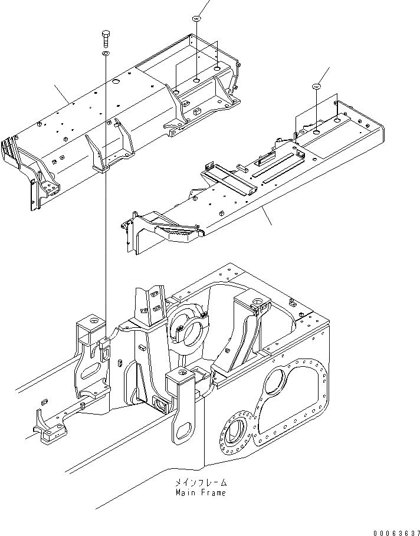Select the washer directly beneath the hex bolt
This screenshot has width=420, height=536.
tap(106, 54)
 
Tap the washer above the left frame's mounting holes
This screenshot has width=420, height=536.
tap(196, 19)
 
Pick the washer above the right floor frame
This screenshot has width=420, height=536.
tap(317, 87)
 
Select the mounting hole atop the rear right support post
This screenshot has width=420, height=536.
tap(258, 303)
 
